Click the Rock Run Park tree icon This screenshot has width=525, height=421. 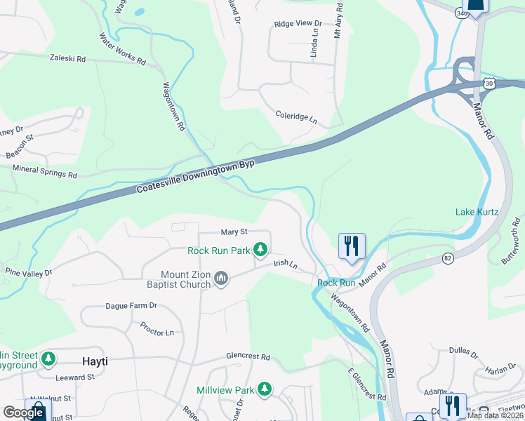click(260, 249)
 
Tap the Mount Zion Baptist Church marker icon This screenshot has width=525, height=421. click(221, 279)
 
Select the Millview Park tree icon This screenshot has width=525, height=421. click(264, 389)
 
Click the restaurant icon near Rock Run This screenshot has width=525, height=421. click(352, 246)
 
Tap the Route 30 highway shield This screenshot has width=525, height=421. click(489, 83)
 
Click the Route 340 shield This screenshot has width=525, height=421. click(460, 13)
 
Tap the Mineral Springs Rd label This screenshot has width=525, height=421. click(44, 171)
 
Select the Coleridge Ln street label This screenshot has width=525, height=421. click(296, 117)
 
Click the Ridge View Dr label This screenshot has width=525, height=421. click(298, 23)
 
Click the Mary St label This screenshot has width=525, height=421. click(234, 232)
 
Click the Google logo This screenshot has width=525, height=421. click(23, 413)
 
